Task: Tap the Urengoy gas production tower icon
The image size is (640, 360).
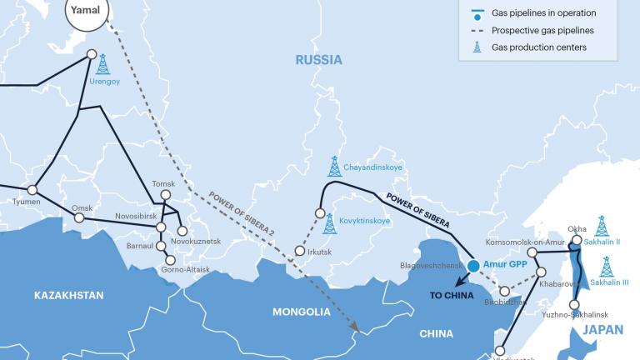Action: click(102, 64)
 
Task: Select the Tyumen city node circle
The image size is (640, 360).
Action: click(32, 190)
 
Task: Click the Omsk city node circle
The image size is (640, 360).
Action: click(79, 217)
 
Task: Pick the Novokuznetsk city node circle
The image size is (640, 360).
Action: click(182, 231)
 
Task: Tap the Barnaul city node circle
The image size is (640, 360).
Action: click(161, 246)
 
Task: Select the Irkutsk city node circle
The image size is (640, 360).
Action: click(299, 251)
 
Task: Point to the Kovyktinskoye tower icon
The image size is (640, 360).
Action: click(329, 222)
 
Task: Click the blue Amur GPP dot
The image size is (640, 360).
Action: click(473, 266)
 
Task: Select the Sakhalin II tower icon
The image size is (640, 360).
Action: click(601, 226)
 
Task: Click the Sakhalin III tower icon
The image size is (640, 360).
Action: click(606, 267)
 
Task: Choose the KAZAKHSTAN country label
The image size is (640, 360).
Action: click(69, 295)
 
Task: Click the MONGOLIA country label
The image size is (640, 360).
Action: click(302, 312)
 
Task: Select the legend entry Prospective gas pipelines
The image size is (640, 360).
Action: click(543, 30)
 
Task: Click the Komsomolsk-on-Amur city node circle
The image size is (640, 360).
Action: click(532, 252)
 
